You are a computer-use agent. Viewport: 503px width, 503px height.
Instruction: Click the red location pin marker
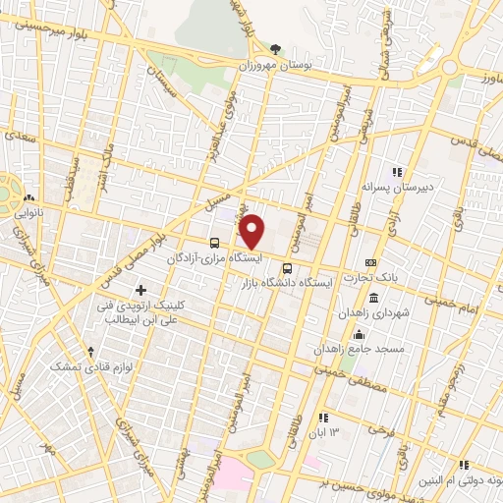tap(252, 231)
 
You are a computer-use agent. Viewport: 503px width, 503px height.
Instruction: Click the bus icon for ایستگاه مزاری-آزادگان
tap(214, 243)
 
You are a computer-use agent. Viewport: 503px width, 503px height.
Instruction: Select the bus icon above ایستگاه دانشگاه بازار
tap(287, 267)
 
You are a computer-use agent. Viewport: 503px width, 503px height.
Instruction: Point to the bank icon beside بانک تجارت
tap(369, 263)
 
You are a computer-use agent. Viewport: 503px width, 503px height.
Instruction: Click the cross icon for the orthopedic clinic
tap(141, 290)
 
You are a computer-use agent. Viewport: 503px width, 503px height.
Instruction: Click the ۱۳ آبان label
tap(325, 433)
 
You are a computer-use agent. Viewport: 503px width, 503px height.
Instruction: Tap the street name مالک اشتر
tap(106, 160)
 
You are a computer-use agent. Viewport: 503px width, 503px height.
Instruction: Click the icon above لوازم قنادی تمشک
tap(90, 351)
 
